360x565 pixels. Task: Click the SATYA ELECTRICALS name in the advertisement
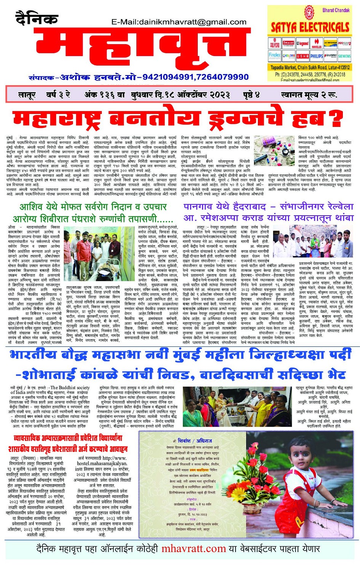coord(310,27)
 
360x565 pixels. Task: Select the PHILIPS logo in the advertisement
coord(316,56)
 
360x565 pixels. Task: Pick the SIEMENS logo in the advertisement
coord(344,56)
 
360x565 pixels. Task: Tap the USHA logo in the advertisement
coord(302,56)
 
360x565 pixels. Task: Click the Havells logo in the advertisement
coord(316,44)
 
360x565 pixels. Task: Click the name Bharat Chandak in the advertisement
coord(336,10)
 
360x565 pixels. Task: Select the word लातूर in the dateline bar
coord(27,94)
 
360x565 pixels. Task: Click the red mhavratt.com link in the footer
coord(194,549)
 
